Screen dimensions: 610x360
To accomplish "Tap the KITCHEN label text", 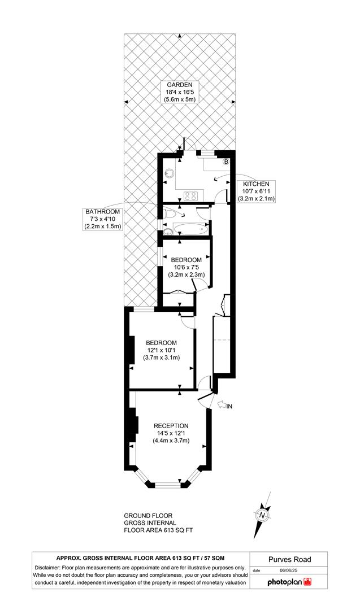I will coord(256,184).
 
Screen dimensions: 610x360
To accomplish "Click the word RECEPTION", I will coord(173,425).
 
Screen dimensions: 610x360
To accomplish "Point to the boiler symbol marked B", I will coord(226,162).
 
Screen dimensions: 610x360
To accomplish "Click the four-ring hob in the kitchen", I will coord(190,196).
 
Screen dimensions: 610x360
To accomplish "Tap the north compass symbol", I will coord(262,516).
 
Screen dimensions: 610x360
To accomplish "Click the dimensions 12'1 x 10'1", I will coord(161,350).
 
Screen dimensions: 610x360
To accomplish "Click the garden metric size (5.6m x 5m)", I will coord(179,99).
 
